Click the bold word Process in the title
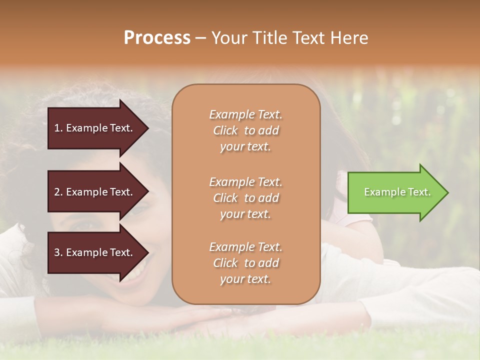tap(157, 38)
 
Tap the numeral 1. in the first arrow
tap(58, 128)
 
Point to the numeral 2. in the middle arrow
tap(58, 192)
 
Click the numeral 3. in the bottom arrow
tap(58, 252)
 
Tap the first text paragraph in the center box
tap(245, 130)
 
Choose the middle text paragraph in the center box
tap(245, 198)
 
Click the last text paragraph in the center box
tap(245, 263)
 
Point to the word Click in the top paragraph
tap(225, 130)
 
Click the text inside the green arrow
tap(397, 192)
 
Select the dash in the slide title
tap(200, 38)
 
